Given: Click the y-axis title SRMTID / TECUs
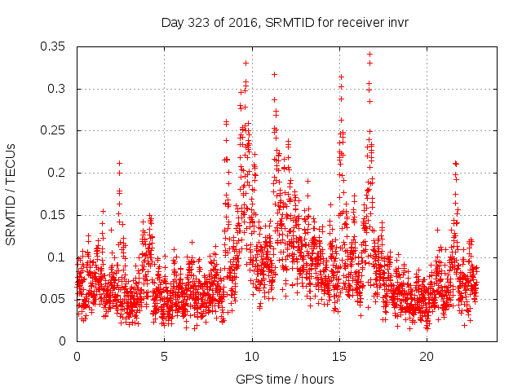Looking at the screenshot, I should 11,193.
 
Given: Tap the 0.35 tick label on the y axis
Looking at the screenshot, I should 55,46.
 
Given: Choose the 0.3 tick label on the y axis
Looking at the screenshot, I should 58,89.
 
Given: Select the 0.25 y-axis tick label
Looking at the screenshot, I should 55,130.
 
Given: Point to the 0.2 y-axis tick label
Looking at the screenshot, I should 58,173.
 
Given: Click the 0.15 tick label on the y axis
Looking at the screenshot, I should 55,215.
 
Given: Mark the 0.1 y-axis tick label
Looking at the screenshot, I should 58,257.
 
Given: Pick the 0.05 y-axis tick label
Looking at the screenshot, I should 55,299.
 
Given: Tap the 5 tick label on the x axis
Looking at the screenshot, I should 164,357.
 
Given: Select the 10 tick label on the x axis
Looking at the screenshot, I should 252,357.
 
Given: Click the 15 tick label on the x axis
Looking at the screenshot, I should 339,357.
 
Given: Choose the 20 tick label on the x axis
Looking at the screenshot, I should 427,357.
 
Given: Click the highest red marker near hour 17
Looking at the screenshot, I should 369,55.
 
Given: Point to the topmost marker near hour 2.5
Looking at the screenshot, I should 119,163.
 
